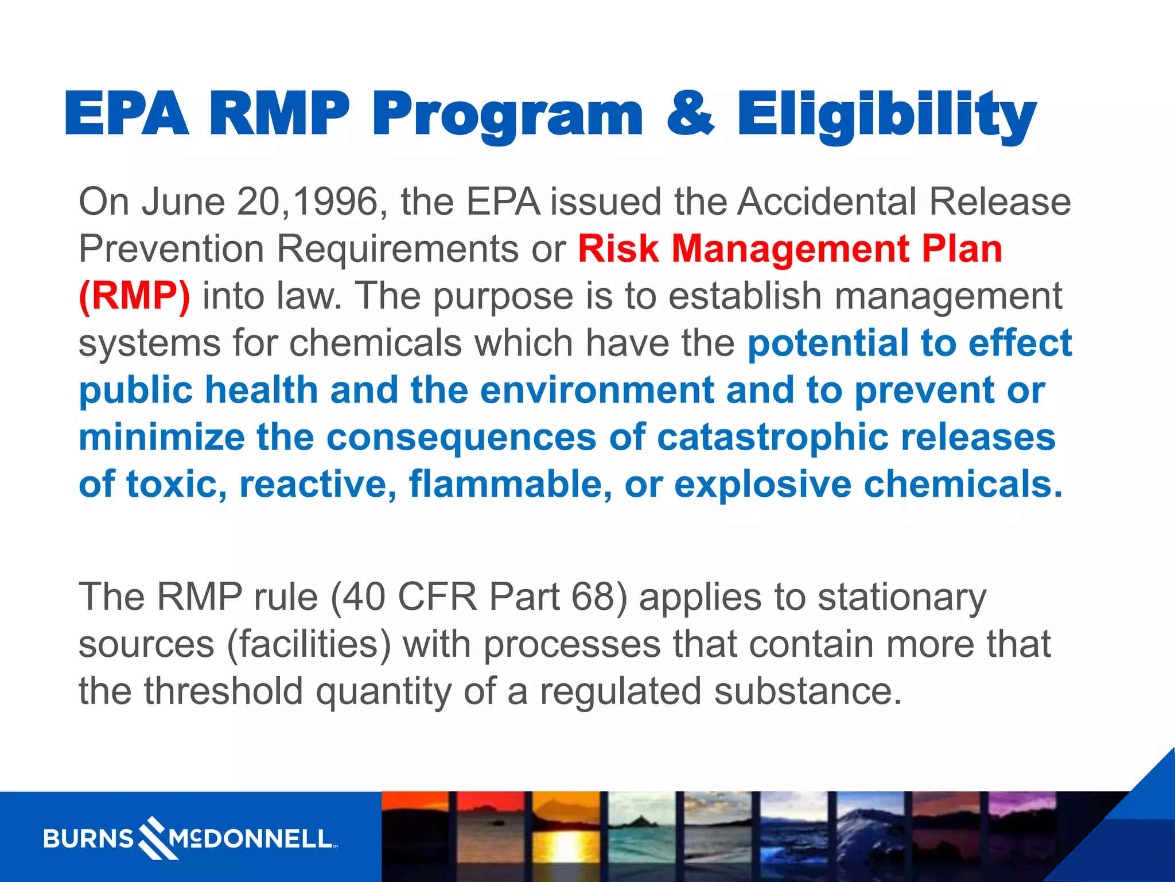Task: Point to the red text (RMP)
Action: tap(134, 296)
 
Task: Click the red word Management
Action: tap(790, 249)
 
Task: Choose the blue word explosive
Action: tap(762, 485)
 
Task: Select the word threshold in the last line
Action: tap(223, 691)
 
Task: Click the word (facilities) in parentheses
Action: tap(309, 644)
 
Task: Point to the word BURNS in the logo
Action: tap(88, 840)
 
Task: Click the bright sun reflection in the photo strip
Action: tap(565, 847)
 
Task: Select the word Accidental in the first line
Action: tap(827, 202)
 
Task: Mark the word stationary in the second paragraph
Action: tap(902, 597)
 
